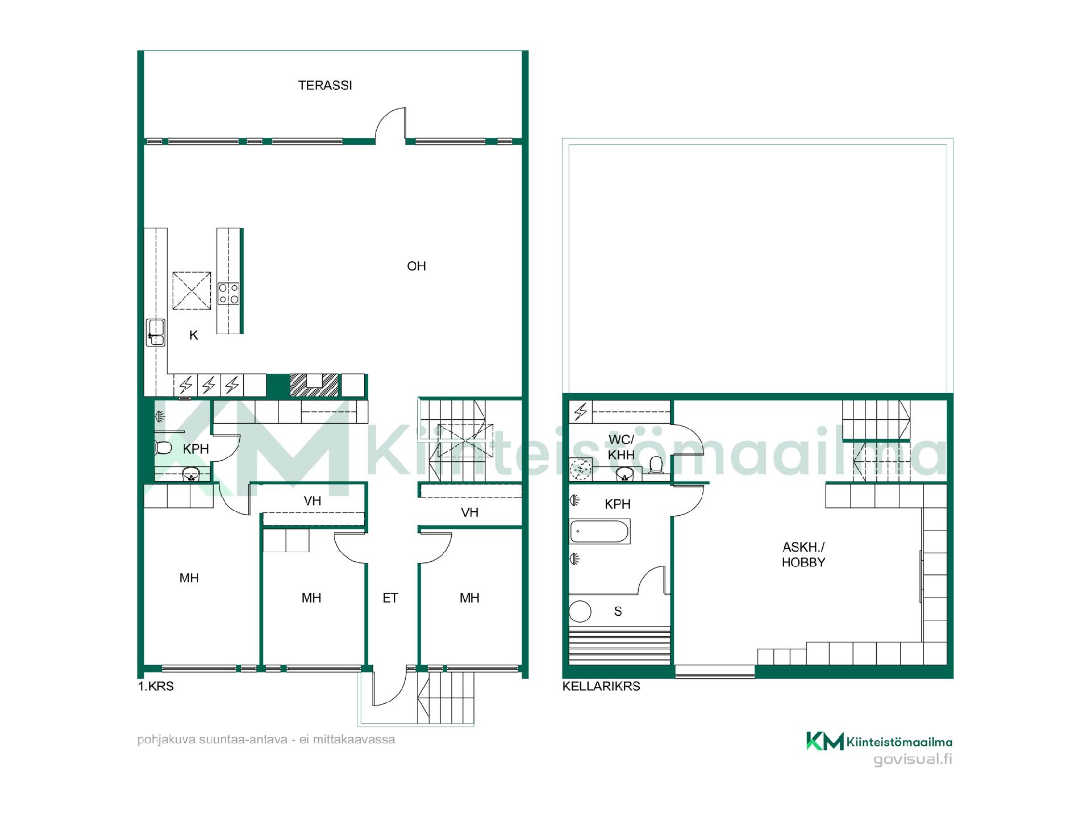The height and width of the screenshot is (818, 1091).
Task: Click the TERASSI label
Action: [x=325, y=85]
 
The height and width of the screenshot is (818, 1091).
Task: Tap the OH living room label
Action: [x=417, y=266]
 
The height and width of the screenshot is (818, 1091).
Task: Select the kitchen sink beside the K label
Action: [x=155, y=333]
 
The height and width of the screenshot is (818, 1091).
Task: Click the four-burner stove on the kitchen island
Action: [x=228, y=294]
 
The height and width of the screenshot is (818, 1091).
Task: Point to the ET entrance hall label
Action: [x=390, y=598]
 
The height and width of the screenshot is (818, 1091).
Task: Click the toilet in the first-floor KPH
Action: [x=163, y=448]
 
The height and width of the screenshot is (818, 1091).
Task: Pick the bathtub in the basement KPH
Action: [x=599, y=532]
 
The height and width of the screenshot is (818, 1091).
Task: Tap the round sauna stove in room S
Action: [x=580, y=612]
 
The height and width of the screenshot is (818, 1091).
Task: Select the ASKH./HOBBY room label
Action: [x=803, y=554]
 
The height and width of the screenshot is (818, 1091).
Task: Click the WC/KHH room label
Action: [x=621, y=447]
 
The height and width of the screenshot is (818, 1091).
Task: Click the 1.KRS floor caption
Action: [x=156, y=686]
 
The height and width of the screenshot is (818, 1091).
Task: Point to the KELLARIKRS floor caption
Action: [x=601, y=686]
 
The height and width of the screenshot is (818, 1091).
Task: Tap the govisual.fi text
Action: [x=913, y=759]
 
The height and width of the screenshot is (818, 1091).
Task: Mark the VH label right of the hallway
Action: [x=470, y=512]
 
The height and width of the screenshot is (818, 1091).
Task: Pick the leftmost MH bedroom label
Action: [x=189, y=578]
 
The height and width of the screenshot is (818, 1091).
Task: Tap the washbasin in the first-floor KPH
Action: [x=190, y=474]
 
